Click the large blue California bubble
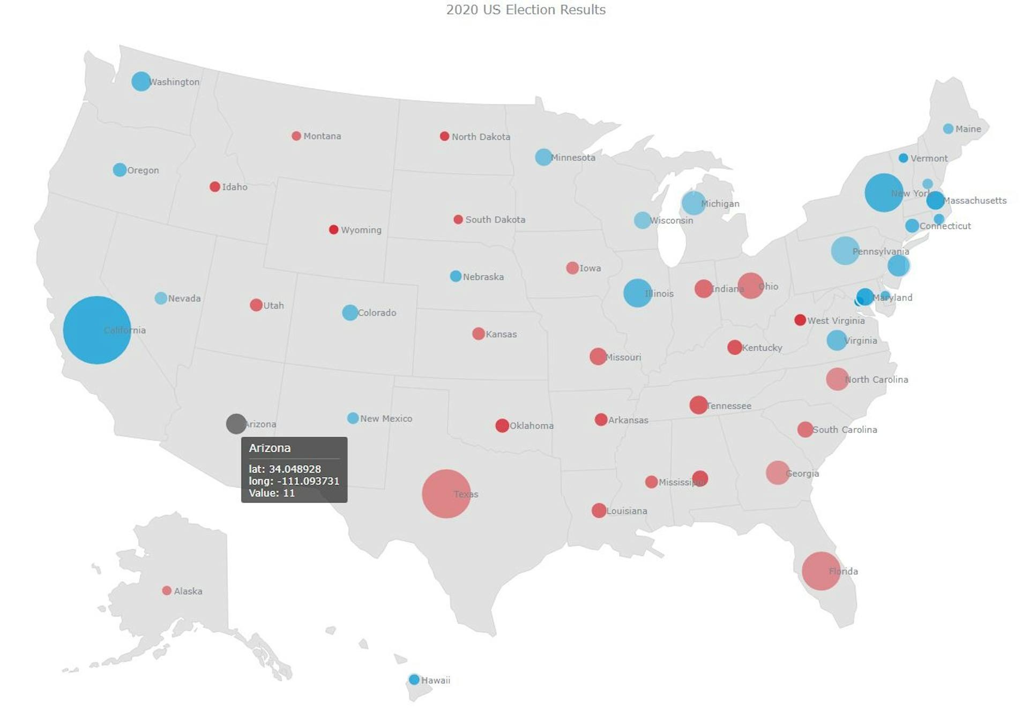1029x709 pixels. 96,330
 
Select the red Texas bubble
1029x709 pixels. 446,494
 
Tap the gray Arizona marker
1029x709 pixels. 236,424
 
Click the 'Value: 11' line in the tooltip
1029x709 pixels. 272,493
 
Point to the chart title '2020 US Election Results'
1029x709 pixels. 526,10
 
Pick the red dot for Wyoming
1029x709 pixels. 333,229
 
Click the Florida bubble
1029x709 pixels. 821,571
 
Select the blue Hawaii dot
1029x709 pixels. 414,680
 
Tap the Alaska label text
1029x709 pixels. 188,591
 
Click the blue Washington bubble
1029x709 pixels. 141,81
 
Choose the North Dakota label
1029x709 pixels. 481,137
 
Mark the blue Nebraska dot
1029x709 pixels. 456,276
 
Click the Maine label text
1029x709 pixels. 968,129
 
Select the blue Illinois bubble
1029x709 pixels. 637,293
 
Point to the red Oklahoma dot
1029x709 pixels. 502,426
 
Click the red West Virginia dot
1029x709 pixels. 800,320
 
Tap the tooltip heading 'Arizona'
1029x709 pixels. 270,448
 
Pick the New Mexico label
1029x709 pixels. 386,419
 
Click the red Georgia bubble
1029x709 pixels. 777,473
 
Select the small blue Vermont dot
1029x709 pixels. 903,158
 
